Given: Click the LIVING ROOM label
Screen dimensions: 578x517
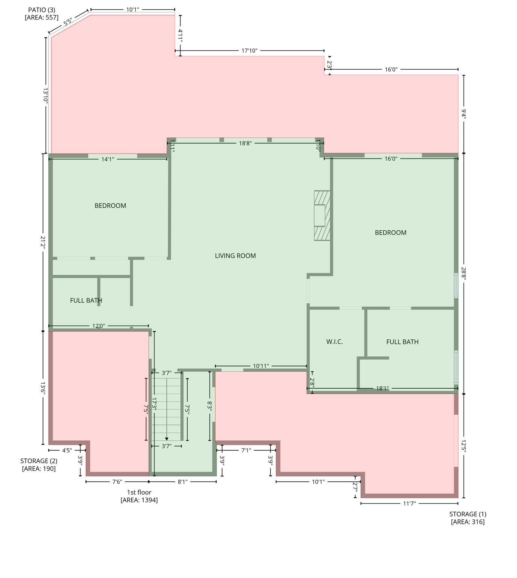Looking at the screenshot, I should tap(235, 256).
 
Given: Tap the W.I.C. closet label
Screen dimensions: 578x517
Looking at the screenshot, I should tap(334, 342).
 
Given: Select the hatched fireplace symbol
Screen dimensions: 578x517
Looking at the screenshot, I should tap(322, 216).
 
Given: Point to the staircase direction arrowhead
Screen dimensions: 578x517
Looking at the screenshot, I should tap(167, 439).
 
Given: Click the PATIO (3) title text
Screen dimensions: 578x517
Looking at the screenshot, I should tap(41, 10).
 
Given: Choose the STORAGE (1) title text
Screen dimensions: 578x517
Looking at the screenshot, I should tap(467, 514).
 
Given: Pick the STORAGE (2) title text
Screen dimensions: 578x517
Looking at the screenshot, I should tap(39, 461).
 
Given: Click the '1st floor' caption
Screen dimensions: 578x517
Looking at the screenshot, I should tap(139, 492).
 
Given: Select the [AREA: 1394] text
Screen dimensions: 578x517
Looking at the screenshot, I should tap(139, 500).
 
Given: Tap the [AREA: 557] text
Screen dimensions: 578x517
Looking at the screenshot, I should tap(41, 18).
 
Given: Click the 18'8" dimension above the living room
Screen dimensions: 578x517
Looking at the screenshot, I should tap(245, 143).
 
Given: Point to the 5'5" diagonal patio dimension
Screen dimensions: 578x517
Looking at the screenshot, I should tap(68, 22).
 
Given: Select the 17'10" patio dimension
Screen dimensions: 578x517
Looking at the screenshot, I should tap(249, 51).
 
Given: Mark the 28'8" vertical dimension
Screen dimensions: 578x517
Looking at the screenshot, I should tap(464, 274).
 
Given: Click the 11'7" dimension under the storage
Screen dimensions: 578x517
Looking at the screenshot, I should tap(409, 503).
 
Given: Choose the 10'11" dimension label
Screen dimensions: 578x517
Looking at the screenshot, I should tap(261, 366).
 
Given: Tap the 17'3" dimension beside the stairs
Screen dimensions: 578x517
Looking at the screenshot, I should tap(154, 404).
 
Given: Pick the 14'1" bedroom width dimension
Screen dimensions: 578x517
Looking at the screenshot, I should tap(108, 160).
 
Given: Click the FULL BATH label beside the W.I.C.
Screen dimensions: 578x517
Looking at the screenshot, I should tap(402, 342).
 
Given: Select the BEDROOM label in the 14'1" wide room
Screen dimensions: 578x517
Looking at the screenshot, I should tap(110, 206).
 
